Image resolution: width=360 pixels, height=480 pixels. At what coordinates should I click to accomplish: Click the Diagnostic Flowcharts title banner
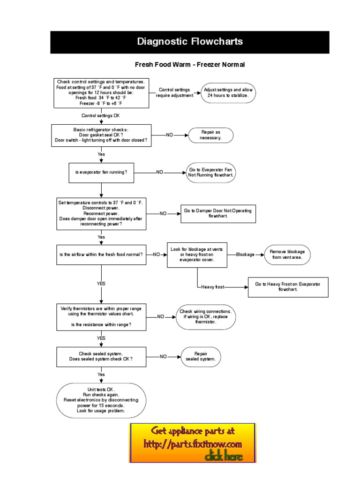(190, 42)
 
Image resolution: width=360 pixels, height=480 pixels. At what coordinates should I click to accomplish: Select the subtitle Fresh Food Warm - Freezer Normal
(190, 65)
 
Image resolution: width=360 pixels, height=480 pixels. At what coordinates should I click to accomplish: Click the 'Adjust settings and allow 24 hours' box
(229, 92)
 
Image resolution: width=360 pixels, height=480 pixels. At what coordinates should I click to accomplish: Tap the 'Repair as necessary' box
(210, 135)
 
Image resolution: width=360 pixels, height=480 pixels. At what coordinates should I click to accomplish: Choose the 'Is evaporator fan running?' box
(101, 172)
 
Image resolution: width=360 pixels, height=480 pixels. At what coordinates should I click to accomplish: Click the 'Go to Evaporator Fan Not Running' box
(210, 172)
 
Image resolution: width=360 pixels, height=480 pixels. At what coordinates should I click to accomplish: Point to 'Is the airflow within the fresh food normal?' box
(101, 254)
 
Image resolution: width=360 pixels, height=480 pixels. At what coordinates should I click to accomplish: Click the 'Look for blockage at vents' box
(197, 255)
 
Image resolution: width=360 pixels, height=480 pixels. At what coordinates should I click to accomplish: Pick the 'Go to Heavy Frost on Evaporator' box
(288, 287)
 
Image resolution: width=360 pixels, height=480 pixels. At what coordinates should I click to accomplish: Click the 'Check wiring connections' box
(205, 317)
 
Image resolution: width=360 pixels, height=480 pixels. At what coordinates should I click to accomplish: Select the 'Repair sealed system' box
(201, 356)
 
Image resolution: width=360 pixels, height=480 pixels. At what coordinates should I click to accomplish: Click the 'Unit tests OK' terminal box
(101, 400)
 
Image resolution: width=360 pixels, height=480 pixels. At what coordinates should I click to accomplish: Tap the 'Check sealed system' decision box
(101, 356)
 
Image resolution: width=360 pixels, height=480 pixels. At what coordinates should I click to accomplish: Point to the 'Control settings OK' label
(101, 115)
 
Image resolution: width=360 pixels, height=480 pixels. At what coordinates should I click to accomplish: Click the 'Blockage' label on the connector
(245, 255)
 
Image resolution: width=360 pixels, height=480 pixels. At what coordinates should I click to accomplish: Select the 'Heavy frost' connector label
(212, 287)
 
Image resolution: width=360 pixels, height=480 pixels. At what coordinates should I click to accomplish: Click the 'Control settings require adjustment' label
(174, 92)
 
